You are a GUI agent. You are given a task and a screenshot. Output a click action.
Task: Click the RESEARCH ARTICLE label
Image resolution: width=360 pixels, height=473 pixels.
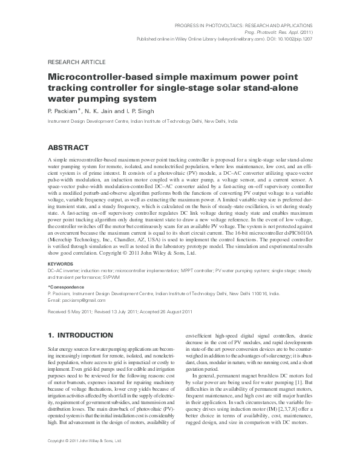[76, 62]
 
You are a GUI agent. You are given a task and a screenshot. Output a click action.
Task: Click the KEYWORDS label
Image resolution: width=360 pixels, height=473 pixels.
[61, 264]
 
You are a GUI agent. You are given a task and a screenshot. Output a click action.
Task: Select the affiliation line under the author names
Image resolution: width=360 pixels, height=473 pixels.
[142, 122]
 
